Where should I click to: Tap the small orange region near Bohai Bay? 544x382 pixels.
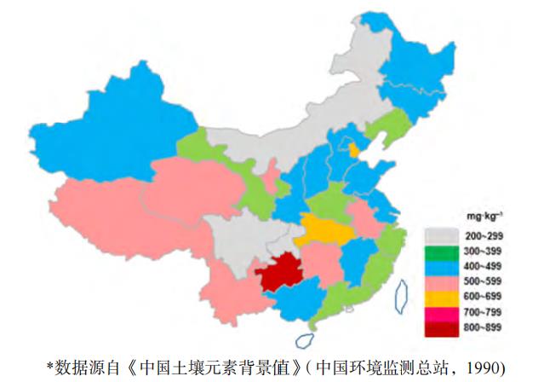pos(352,150)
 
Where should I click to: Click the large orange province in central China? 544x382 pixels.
pos(321,229)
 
